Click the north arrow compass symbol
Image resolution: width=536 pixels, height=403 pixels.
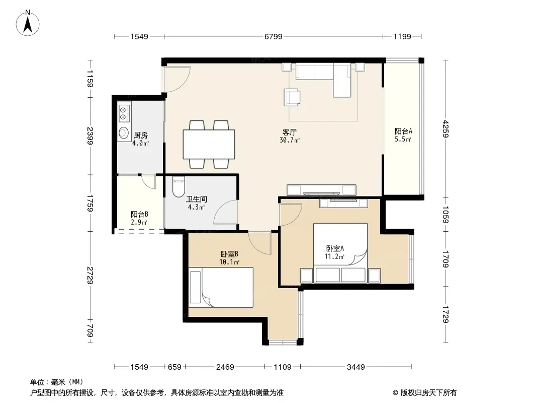[28, 23]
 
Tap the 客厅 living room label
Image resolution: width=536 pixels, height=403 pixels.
[290, 132]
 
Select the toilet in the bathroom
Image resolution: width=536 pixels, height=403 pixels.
[178, 186]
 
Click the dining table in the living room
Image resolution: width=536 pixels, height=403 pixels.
[209, 144]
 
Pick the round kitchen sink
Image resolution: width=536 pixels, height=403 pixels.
[123, 132]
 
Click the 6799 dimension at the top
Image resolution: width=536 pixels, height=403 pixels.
[273, 36]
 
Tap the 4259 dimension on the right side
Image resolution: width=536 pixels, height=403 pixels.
[445, 129]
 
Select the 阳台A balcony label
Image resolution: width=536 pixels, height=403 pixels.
[403, 131]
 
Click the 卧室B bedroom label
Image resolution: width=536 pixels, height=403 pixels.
[229, 254]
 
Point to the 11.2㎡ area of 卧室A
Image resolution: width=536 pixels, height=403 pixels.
[334, 256]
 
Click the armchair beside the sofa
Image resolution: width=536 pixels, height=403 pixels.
[292, 97]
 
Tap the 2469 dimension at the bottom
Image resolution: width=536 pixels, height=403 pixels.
[225, 367]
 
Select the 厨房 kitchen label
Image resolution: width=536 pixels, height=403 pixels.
[140, 135]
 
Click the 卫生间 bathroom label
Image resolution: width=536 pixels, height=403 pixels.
[196, 199]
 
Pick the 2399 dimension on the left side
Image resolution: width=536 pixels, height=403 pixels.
[90, 136]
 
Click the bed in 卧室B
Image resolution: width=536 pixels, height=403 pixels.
[221, 287]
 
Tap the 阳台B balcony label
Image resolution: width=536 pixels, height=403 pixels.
[139, 214]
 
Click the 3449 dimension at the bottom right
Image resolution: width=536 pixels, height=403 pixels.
[356, 367]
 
